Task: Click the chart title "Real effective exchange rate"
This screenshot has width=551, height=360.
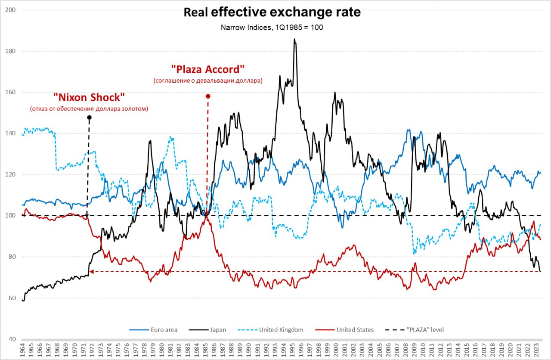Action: click(x=272, y=12)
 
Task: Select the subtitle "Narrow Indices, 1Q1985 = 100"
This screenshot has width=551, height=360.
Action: click(x=272, y=27)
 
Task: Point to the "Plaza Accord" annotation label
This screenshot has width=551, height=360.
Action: click(x=208, y=69)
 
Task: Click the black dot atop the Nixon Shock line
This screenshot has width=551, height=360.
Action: click(x=89, y=117)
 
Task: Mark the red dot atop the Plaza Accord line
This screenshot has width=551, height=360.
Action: click(x=208, y=96)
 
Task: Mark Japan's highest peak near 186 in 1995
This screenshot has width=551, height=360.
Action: click(x=294, y=39)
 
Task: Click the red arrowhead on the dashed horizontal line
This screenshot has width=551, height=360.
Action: click(x=91, y=271)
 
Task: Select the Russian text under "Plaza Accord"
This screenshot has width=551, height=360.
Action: click(x=208, y=81)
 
